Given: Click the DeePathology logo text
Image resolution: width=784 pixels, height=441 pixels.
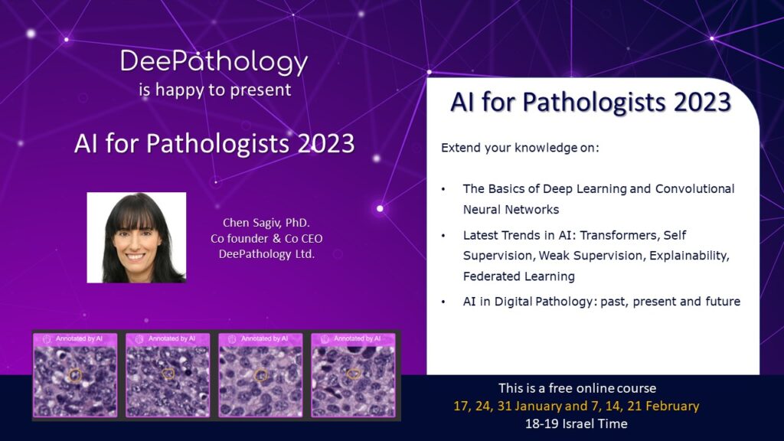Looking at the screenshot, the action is [x=214, y=63].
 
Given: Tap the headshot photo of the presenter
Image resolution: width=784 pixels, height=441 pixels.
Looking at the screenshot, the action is [x=136, y=237].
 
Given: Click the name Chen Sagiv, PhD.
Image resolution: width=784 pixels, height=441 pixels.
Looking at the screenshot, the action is [x=266, y=223].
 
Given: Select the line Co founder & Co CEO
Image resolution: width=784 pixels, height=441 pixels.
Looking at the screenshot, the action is [x=266, y=239].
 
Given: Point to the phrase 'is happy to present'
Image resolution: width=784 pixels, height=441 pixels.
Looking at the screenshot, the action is [x=215, y=90].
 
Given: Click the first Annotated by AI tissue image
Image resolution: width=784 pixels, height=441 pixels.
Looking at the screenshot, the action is [x=75, y=375].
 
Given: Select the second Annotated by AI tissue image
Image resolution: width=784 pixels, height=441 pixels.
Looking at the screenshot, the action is [x=168, y=375].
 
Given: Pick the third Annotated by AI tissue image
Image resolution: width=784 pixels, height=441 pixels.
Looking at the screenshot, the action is [x=260, y=375].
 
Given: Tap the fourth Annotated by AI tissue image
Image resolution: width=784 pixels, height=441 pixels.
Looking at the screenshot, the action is [x=353, y=375].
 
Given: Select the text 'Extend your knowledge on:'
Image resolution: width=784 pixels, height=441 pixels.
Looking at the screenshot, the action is [x=520, y=148].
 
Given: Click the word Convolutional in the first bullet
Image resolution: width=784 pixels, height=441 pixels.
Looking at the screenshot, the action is [x=695, y=189].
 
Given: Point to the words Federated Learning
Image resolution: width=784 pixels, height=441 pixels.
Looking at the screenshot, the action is [x=518, y=276].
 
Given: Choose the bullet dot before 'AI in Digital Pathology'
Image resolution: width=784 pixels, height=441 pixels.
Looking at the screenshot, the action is [x=443, y=302].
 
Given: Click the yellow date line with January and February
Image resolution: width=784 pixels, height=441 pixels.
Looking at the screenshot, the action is [x=576, y=406].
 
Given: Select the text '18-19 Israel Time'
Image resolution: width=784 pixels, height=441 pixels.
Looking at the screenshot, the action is [x=576, y=424].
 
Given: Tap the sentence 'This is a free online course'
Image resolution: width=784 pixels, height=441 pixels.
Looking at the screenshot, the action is [x=577, y=388].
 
